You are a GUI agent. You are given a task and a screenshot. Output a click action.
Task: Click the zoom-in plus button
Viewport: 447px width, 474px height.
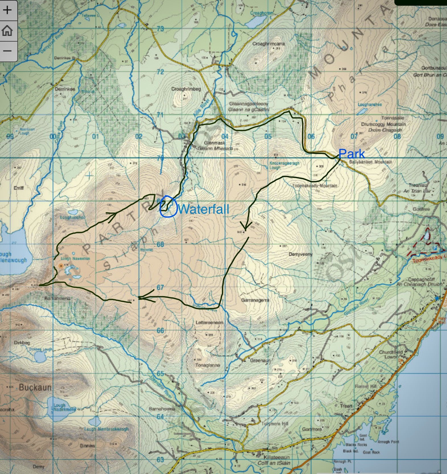coord(7,10)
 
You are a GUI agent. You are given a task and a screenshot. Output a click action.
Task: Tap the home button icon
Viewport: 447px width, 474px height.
coord(7,30)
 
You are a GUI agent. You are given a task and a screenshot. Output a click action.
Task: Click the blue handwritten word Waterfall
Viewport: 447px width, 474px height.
coord(203,209)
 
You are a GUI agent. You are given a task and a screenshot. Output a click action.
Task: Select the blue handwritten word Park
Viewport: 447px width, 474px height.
coord(352,154)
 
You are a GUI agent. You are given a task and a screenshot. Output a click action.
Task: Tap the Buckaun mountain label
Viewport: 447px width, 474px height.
coord(35,387)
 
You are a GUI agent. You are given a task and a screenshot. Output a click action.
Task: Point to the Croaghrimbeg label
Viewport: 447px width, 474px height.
coord(186,89)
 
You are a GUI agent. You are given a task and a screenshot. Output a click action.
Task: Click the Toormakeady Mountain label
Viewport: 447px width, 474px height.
coord(315,186)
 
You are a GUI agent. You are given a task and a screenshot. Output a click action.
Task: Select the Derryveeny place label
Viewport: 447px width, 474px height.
coord(301,254)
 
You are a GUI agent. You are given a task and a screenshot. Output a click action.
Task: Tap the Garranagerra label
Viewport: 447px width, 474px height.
coord(255,300)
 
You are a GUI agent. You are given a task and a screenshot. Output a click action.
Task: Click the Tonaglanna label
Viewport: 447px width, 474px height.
coord(207,365)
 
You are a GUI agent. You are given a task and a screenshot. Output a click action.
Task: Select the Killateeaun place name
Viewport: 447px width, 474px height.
coord(274,457)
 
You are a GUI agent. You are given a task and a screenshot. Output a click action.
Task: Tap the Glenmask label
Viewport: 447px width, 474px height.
coord(215,143)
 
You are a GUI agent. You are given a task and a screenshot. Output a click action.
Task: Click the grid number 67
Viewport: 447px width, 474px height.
coord(160,287)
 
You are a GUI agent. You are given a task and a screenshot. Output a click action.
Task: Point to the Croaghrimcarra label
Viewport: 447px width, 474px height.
coord(268,44)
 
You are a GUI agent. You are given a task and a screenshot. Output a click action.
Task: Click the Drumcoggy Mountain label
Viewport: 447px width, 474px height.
coord(383,124)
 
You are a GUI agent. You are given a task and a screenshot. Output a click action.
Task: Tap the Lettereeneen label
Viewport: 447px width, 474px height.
coord(209,322)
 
